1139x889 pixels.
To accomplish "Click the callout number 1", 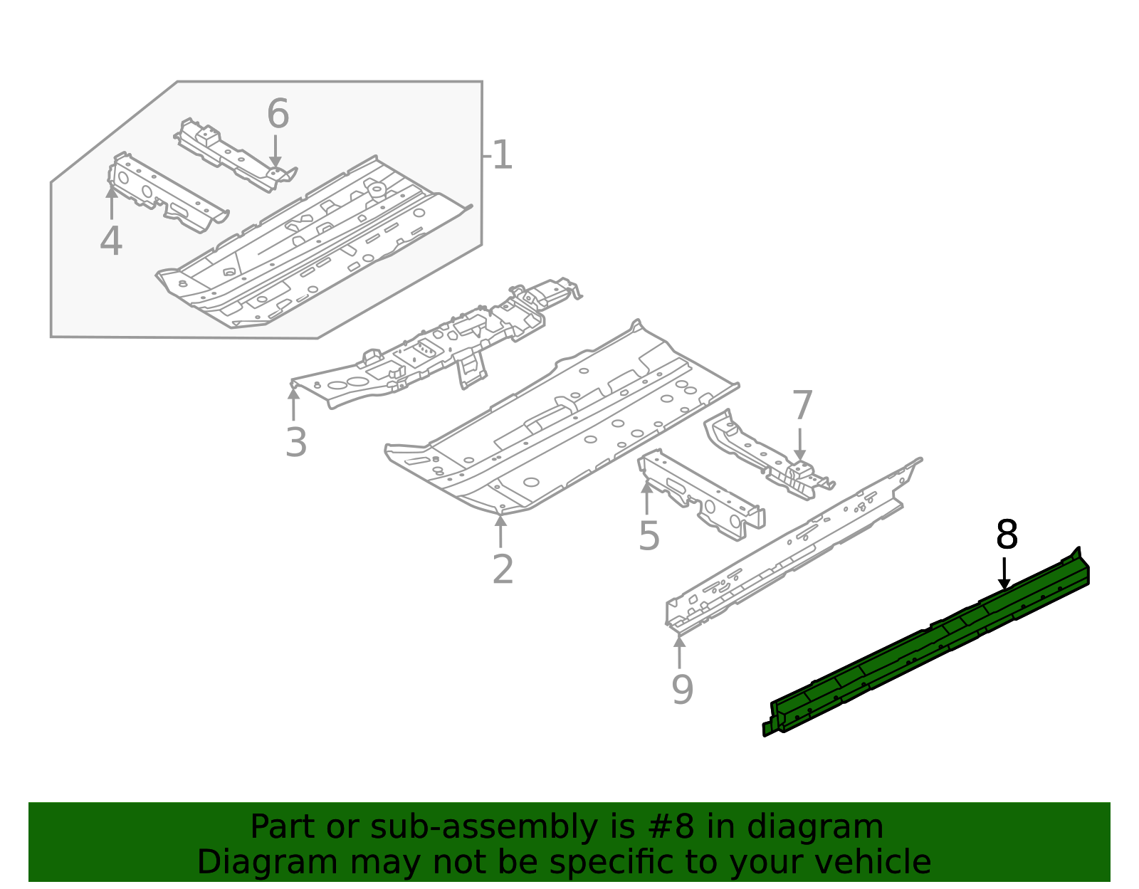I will coord(502,155).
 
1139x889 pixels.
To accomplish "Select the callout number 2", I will coord(503,569).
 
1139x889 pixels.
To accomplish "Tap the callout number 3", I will coord(296,442).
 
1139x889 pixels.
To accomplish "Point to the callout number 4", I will coord(111,241).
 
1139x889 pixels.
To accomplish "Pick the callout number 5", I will coord(649,535).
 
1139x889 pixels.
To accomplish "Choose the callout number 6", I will coord(278,114).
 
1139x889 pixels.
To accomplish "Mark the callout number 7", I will coord(802,406).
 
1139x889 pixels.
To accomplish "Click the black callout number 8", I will coord(1007,535).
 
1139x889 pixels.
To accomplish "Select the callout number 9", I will coord(682,689).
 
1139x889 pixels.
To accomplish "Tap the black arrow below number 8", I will coord(1004,574).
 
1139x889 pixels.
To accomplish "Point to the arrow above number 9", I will coord(680,652).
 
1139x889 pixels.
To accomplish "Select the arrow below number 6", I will coord(275,152).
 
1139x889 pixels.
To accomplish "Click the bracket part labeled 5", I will coord(701,495).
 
